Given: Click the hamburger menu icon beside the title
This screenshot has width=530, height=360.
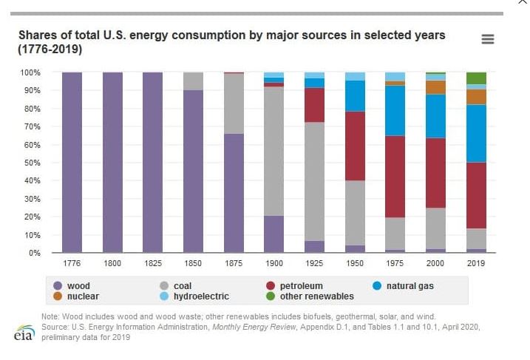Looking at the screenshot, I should [x=487, y=39].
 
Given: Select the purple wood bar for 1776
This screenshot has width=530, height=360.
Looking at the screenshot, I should [x=72, y=163].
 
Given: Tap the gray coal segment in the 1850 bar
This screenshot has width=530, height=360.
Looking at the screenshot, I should [x=193, y=81].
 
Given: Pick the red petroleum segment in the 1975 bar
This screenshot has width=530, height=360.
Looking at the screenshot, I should [x=395, y=177].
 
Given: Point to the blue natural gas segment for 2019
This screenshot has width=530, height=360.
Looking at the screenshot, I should [x=476, y=133].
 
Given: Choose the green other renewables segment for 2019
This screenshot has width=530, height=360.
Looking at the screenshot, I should [x=476, y=78].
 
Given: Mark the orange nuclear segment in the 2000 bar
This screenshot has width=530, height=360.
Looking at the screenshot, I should [x=435, y=87].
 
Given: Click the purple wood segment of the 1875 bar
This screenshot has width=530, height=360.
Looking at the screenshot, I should [x=234, y=193].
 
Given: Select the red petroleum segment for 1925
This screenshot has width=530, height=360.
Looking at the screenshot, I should [x=314, y=105].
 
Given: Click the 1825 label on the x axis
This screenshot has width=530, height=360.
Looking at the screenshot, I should [x=152, y=263].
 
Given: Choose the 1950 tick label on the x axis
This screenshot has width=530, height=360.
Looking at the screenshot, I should [x=355, y=263].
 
